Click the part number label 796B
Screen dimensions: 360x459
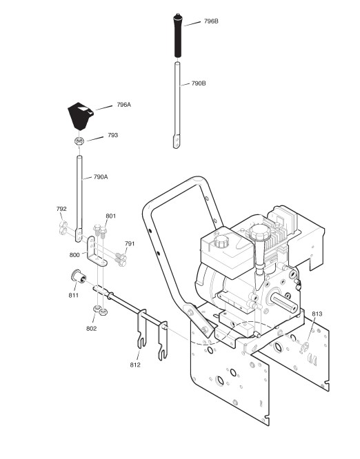click(211, 21)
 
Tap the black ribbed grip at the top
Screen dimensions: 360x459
click(177, 35)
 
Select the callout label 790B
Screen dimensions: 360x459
click(199, 83)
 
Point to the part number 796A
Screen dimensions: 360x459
click(123, 105)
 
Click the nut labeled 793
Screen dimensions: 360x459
click(79, 141)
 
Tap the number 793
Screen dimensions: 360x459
click(113, 135)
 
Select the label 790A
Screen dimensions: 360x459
click(101, 177)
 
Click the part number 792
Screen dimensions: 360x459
click(61, 209)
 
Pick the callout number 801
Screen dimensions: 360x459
click(111, 216)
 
